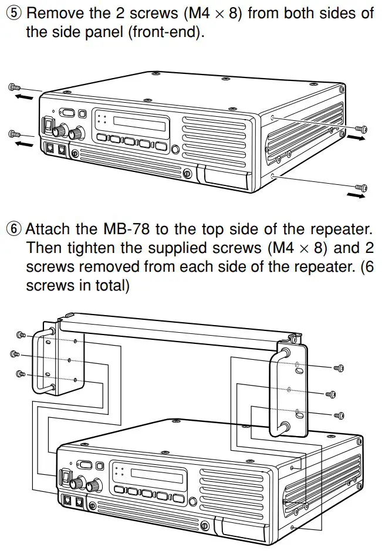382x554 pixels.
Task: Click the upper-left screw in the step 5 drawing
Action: click(x=14, y=87)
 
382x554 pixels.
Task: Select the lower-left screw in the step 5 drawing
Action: click(x=14, y=134)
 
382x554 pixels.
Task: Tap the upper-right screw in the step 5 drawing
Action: click(x=363, y=129)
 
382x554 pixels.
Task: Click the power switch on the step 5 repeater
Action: click(x=48, y=124)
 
